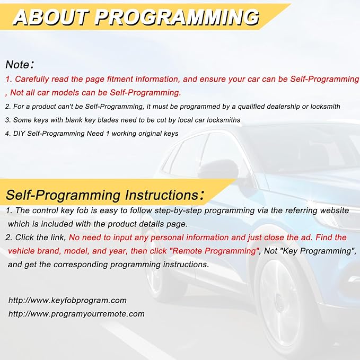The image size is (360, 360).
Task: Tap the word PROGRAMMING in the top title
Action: pyautogui.click(x=177, y=17)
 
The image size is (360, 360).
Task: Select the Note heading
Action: pyautogui.click(x=20, y=65)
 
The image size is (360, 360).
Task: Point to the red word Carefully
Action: pyautogui.click(x=32, y=79)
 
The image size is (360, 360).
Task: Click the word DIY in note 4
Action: pyautogui.click(x=19, y=134)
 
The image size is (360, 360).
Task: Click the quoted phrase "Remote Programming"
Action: pyautogui.click(x=214, y=251)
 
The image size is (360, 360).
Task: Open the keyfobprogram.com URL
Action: pyautogui.click(x=67, y=301)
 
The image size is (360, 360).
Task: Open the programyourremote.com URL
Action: pyautogui.click(x=76, y=314)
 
